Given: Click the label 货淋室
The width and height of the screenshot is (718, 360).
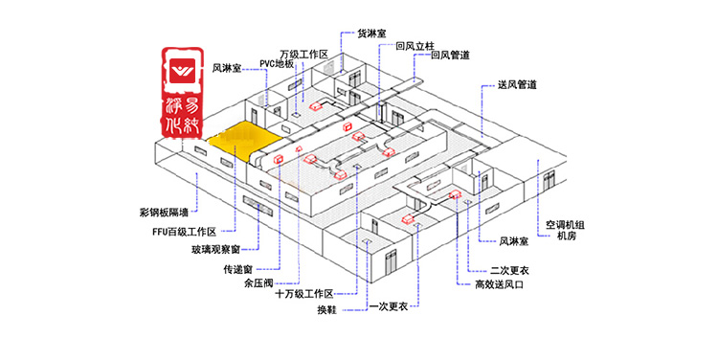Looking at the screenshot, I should [371, 33].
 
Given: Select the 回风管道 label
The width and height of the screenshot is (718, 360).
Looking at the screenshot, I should [450, 56].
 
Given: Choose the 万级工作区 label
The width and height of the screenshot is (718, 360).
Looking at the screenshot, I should [304, 54].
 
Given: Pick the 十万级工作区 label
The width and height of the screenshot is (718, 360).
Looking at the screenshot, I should [303, 294].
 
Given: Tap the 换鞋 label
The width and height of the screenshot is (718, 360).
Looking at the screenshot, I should [326, 309].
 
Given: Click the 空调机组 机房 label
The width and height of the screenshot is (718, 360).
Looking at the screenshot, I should [565, 231].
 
